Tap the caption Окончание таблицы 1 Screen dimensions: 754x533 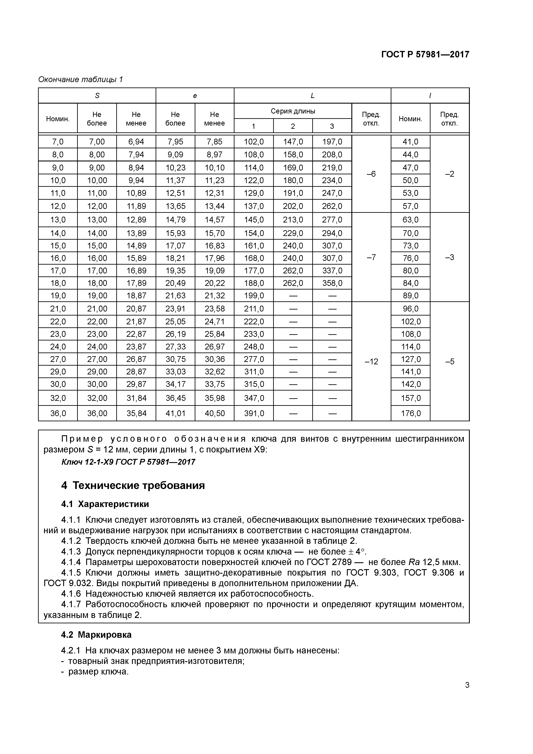(80, 80)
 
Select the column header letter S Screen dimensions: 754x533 (97, 96)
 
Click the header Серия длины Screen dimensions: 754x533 (293, 111)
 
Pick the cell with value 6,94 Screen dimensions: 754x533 (136, 142)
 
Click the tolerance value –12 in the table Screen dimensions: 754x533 (371, 362)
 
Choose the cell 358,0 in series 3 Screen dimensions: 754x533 (332, 283)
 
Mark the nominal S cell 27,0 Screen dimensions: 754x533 (58, 359)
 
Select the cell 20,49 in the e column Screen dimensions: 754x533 (175, 283)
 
